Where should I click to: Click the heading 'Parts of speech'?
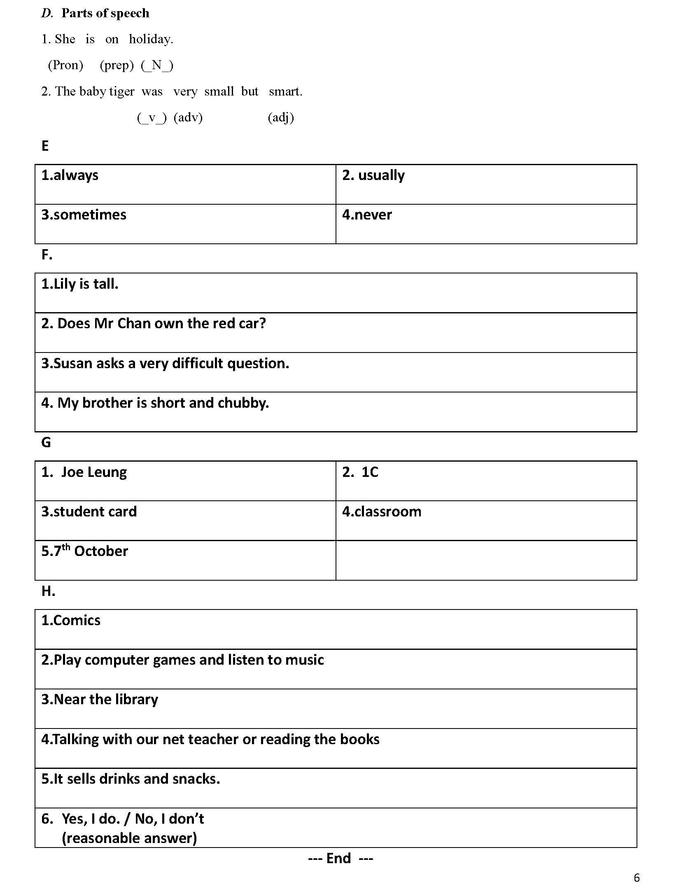tap(105, 14)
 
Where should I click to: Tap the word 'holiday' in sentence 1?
tap(150, 39)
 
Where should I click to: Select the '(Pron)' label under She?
tap(65, 65)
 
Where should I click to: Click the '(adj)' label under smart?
tap(281, 118)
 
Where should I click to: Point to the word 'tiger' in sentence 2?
tap(122, 91)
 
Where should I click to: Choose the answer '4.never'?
tap(367, 215)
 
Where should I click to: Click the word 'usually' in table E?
tap(381, 175)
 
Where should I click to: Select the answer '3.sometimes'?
tap(84, 215)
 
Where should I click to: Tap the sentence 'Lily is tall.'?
tap(80, 284)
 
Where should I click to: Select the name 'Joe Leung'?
tap(94, 472)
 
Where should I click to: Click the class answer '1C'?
tap(370, 472)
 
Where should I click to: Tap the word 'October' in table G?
tap(101, 551)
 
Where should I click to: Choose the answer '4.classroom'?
tap(382, 512)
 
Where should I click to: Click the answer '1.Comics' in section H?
tap(71, 621)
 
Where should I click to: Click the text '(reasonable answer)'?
tap(129, 838)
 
